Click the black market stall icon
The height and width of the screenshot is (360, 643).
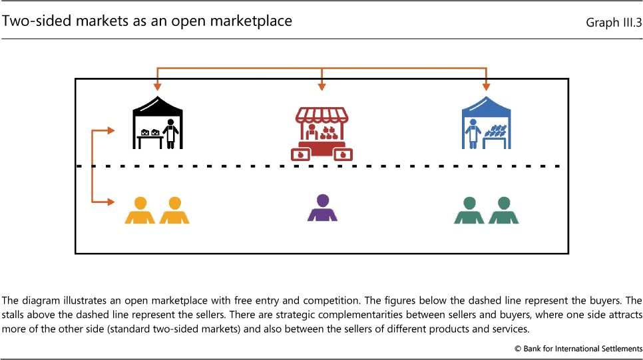point(158,124)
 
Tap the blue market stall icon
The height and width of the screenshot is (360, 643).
point(487,124)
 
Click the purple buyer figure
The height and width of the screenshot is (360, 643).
point(323,208)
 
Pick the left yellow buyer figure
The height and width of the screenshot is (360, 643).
point(140,210)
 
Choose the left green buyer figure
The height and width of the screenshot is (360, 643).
point(470,210)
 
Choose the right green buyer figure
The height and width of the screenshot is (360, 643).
point(504,210)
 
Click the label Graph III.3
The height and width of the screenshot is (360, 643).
point(613,23)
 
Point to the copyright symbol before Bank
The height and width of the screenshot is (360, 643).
point(517,349)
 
